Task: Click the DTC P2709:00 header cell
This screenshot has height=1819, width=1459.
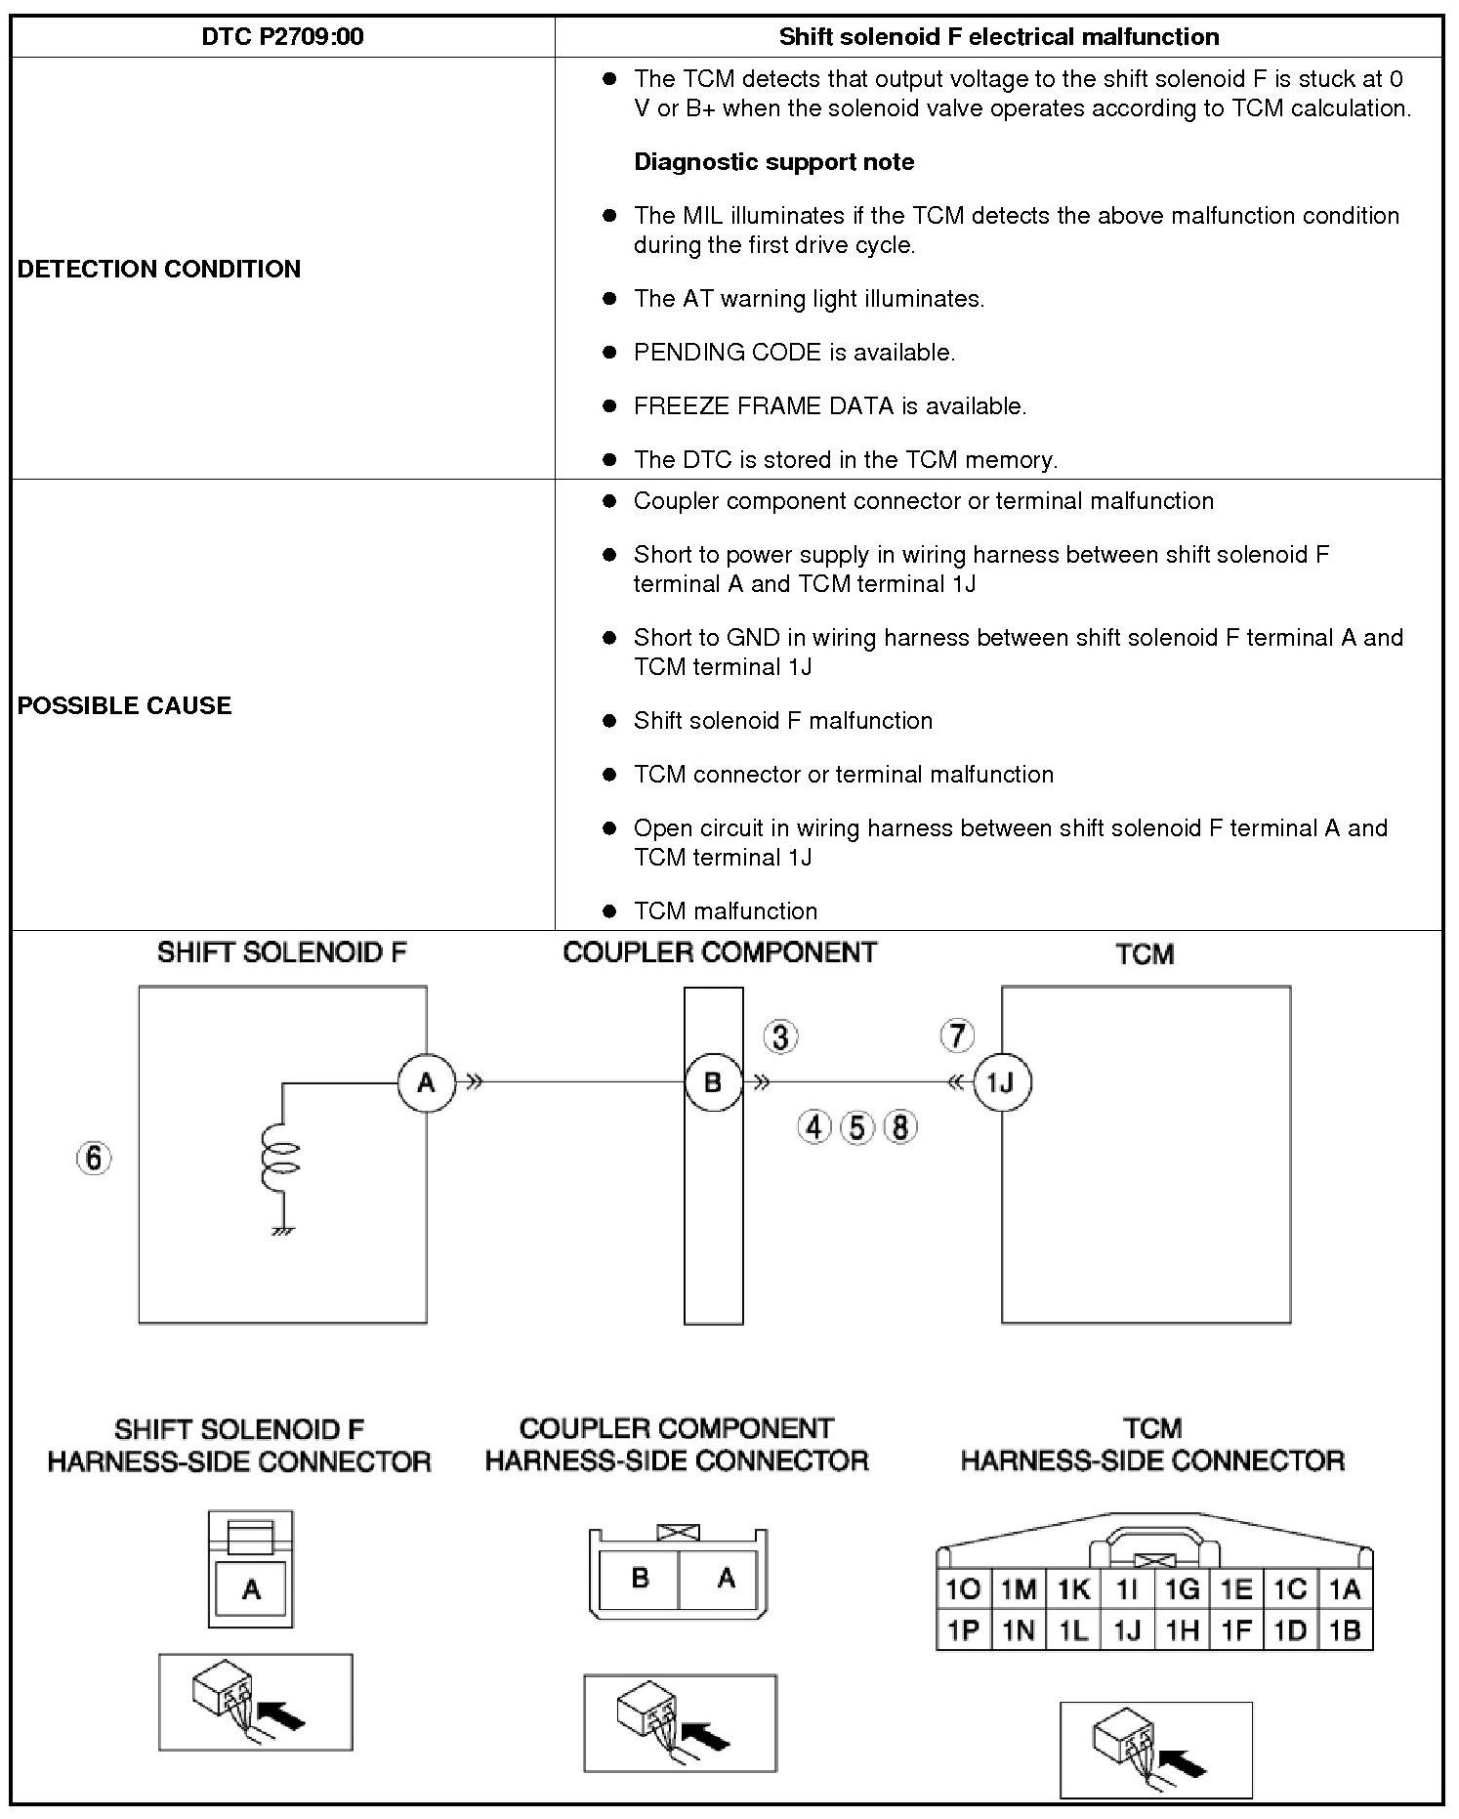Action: (282, 37)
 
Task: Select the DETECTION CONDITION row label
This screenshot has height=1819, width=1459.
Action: (159, 269)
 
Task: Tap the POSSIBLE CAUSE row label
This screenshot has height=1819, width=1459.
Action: (125, 705)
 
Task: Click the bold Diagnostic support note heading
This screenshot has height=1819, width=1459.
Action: (773, 162)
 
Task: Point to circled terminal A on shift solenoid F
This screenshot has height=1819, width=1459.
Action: (427, 1082)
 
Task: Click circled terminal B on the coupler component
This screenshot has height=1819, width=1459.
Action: (713, 1082)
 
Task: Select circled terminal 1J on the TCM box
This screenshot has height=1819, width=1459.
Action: (1002, 1082)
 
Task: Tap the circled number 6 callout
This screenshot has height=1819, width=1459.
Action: (94, 1159)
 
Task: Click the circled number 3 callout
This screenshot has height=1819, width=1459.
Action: (780, 1036)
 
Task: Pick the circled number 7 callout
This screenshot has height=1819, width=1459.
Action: (957, 1036)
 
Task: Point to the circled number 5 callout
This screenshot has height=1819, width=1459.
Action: (856, 1127)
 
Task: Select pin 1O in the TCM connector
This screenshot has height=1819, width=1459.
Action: (964, 1589)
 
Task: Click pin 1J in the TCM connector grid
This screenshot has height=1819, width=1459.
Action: (1127, 1629)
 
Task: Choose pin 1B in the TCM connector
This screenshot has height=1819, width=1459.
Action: (1345, 1629)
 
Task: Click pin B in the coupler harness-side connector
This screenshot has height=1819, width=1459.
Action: (640, 1579)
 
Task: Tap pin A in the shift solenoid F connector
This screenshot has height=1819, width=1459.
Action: (251, 1590)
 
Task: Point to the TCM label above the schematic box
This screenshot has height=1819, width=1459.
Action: (1145, 954)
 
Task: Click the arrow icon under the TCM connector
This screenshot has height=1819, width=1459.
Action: (1155, 1749)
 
